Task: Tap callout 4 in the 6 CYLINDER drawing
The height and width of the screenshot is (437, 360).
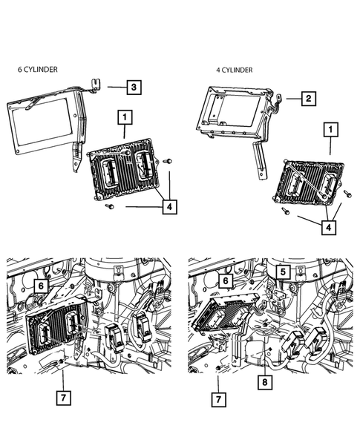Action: click(170, 206)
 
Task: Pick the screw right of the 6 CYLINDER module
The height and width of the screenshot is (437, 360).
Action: click(168, 161)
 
